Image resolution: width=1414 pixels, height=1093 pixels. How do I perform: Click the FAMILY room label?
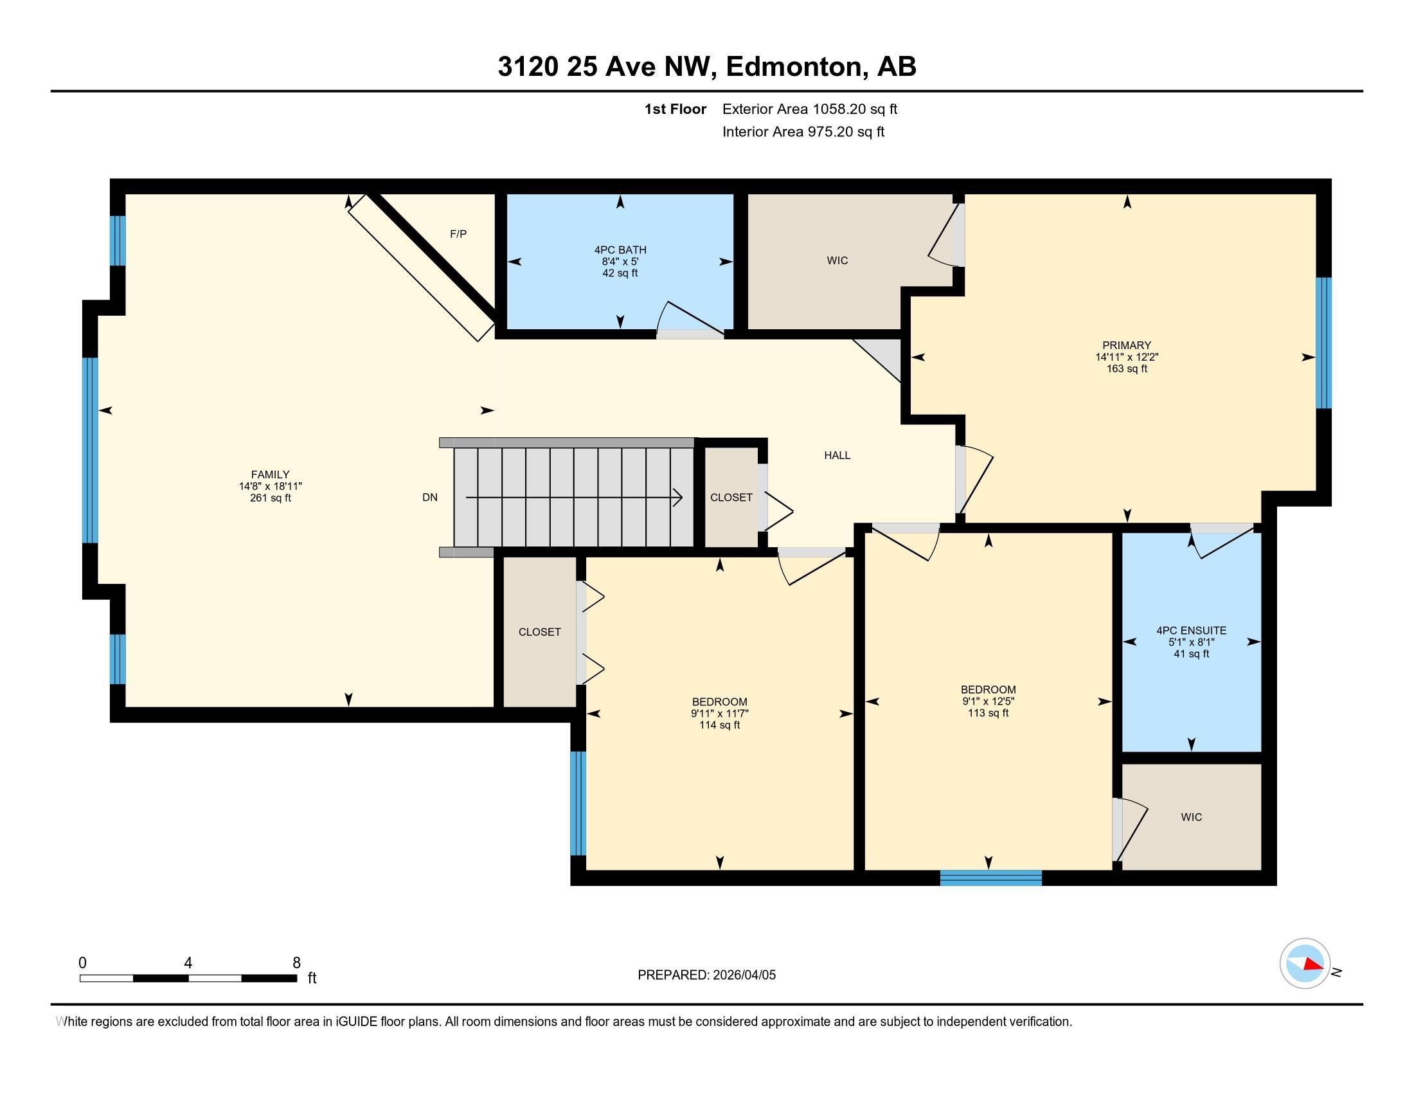270,474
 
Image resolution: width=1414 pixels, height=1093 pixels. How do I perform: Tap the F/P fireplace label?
458,234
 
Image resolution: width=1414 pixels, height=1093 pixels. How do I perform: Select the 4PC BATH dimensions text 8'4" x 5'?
620,262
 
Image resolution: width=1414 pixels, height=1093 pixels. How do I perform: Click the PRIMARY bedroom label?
1127,345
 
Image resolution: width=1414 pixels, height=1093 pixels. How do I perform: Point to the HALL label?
836,455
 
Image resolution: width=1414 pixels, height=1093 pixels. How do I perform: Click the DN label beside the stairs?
430,497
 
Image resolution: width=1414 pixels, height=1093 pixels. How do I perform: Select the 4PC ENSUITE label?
1190,630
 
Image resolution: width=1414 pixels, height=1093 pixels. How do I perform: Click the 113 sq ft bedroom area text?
988,713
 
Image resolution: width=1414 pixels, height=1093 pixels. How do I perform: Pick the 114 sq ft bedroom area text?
719,725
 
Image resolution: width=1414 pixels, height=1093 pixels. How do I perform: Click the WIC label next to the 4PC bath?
836,260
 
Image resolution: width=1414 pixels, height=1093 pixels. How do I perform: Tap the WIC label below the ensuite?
1190,817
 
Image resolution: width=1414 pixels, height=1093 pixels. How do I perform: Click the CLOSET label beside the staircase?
731,497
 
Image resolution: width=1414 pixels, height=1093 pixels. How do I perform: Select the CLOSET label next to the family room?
539,632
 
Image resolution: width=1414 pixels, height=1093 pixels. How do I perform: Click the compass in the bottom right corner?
1304,963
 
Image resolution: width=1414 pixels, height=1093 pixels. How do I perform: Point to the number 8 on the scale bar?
296,963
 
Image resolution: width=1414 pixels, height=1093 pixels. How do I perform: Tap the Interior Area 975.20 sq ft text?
803,132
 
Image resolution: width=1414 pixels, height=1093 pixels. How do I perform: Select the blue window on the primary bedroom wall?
1324,343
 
